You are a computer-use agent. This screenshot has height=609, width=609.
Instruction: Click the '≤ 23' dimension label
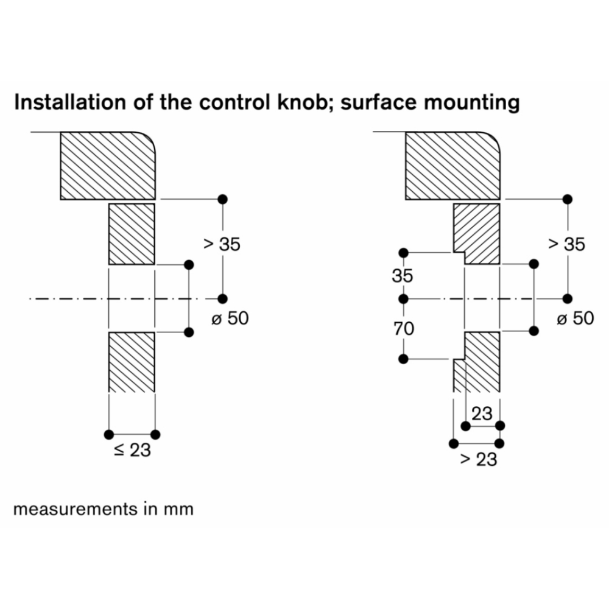pos(132,451)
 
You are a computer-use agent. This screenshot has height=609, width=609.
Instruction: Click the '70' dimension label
pos(403,329)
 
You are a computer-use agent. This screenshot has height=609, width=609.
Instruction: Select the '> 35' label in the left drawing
pos(222,244)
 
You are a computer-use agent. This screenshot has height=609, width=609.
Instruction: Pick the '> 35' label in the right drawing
pos(566,244)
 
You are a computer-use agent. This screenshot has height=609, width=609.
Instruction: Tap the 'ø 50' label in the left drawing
pos(230,318)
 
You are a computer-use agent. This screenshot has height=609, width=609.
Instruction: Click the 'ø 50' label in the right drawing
pos(574,318)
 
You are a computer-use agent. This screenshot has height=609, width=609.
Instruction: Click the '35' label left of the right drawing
pos(403,276)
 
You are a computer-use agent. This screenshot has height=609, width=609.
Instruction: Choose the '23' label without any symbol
pos(482,414)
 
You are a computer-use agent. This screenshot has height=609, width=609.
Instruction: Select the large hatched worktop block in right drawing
pos(453,165)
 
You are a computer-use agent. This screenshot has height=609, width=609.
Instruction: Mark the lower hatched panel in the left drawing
pos(132,362)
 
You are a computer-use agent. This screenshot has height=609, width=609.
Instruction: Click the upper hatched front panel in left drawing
pos(132,234)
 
